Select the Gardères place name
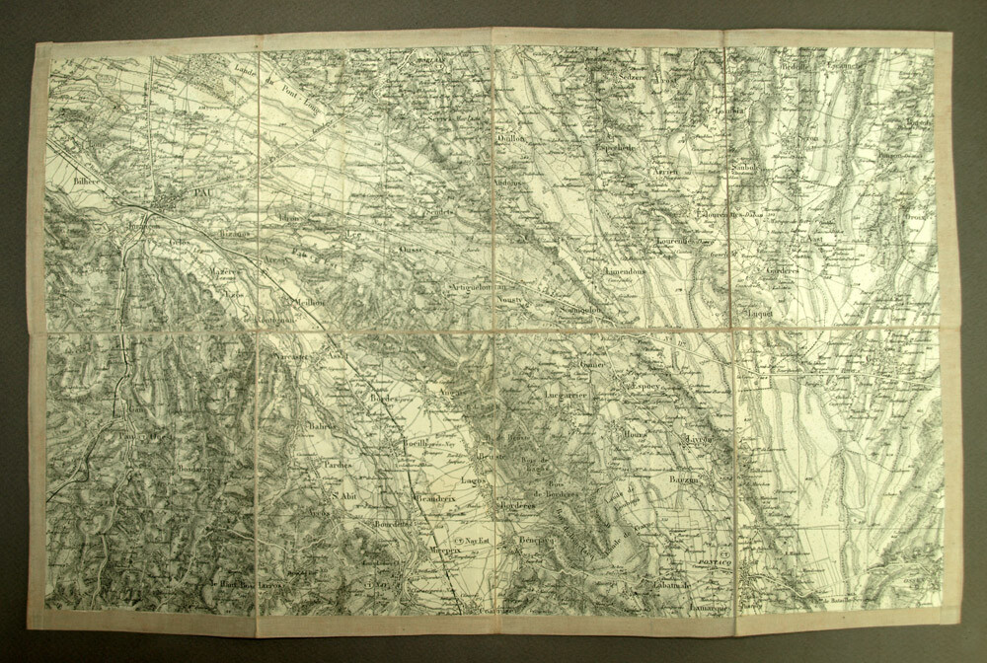[x=787, y=267]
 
